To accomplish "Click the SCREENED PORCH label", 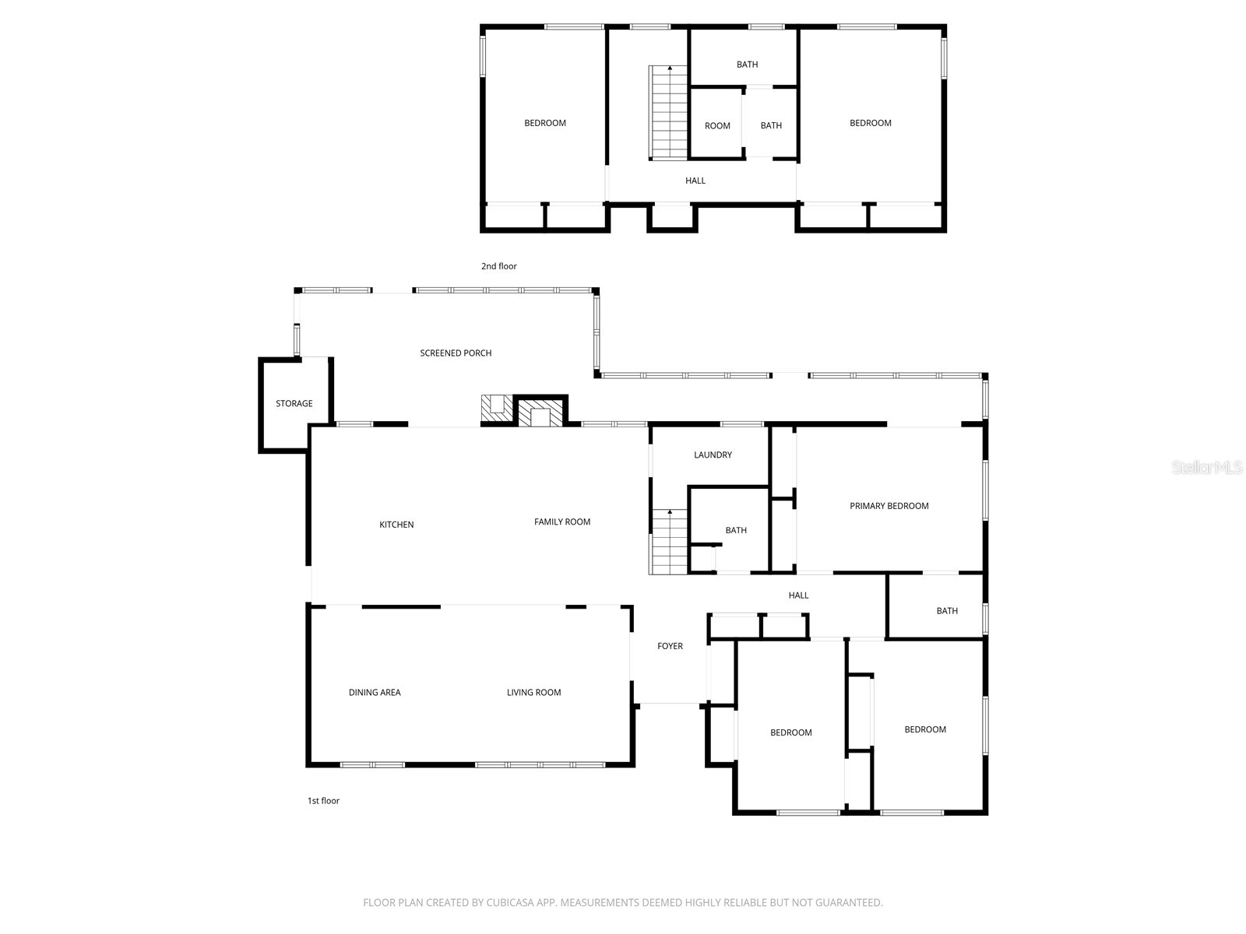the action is tap(456, 353).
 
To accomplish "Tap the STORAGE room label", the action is tap(294, 403).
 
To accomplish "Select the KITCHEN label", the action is tap(396, 525).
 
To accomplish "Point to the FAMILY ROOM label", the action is tap(562, 521).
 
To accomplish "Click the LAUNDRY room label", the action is tap(713, 455).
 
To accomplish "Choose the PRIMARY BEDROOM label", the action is tap(889, 506).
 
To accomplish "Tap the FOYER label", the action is tap(670, 646).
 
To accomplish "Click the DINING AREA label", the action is tap(375, 693).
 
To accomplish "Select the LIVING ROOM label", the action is tap(533, 693).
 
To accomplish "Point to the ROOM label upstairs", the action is tap(717, 126).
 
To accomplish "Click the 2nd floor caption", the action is tap(499, 266).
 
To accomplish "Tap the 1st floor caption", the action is tap(323, 801).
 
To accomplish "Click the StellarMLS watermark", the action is tap(1207, 467).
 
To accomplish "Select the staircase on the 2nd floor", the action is tap(669, 113).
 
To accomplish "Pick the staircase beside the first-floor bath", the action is tap(669, 542).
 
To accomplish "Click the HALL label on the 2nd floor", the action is tap(695, 181).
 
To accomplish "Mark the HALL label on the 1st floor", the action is tap(798, 595).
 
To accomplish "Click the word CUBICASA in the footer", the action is tap(510, 903).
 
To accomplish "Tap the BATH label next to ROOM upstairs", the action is tap(771, 125).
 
